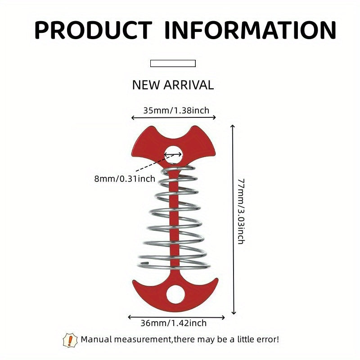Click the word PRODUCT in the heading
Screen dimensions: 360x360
click(x=93, y=30)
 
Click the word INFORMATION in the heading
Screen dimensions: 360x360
click(x=251, y=30)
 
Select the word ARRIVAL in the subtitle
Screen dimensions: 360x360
click(x=189, y=85)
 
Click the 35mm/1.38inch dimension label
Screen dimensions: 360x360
click(x=176, y=110)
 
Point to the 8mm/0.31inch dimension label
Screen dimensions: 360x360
click(x=125, y=179)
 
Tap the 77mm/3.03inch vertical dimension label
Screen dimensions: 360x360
click(x=241, y=211)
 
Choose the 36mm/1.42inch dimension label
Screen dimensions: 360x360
click(x=174, y=323)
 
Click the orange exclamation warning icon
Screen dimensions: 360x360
click(x=70, y=340)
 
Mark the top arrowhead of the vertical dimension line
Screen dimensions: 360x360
click(x=233, y=126)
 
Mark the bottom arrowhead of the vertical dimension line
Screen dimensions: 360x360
click(x=234, y=313)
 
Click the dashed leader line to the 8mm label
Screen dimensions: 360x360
click(x=156, y=163)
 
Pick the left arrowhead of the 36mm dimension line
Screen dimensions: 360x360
click(x=129, y=317)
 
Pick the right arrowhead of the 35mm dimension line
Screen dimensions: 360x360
click(x=215, y=117)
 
